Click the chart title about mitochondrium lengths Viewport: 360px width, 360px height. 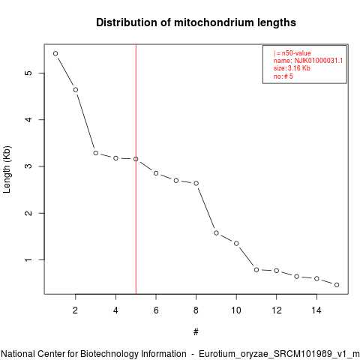click(196, 22)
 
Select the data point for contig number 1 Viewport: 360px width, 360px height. click(55, 53)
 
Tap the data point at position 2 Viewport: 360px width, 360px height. click(76, 90)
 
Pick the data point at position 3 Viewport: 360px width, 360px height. click(96, 153)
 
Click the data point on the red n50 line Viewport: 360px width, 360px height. click(136, 159)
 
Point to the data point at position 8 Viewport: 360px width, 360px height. click(196, 184)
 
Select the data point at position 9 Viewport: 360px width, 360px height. click(216, 233)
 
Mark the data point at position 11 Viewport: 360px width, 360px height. click(256, 270)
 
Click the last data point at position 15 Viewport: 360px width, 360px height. click(337, 285)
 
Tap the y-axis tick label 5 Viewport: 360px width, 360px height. click(29, 73)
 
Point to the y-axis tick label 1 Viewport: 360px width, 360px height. click(29, 260)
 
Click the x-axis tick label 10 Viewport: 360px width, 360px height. click(236, 310)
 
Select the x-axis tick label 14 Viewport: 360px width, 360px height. click(316, 310)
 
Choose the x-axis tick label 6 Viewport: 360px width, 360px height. click(156, 310)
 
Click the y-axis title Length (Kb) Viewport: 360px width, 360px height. click(7, 169)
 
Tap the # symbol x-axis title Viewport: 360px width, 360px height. click(196, 332)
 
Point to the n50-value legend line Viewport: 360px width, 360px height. click(292, 53)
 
